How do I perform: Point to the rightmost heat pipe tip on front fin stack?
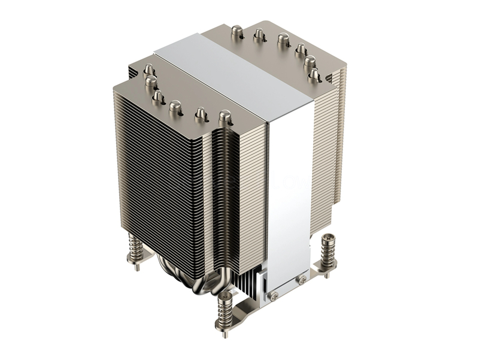[225, 116]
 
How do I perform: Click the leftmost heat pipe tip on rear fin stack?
[236, 31]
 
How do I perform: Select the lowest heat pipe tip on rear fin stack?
[313, 74]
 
